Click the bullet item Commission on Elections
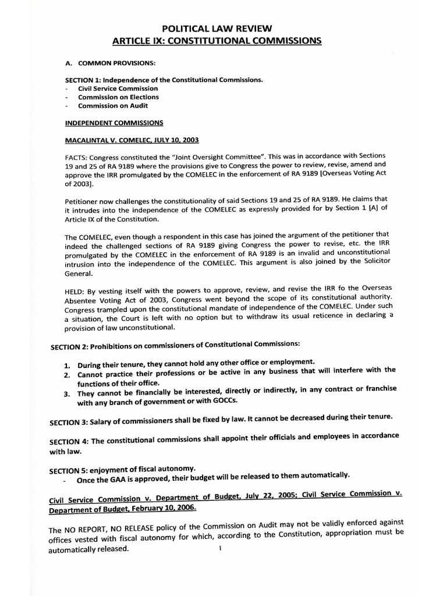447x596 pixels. tap(118, 97)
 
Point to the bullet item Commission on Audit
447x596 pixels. tap(113, 106)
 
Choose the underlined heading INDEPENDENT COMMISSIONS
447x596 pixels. tap(114, 123)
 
